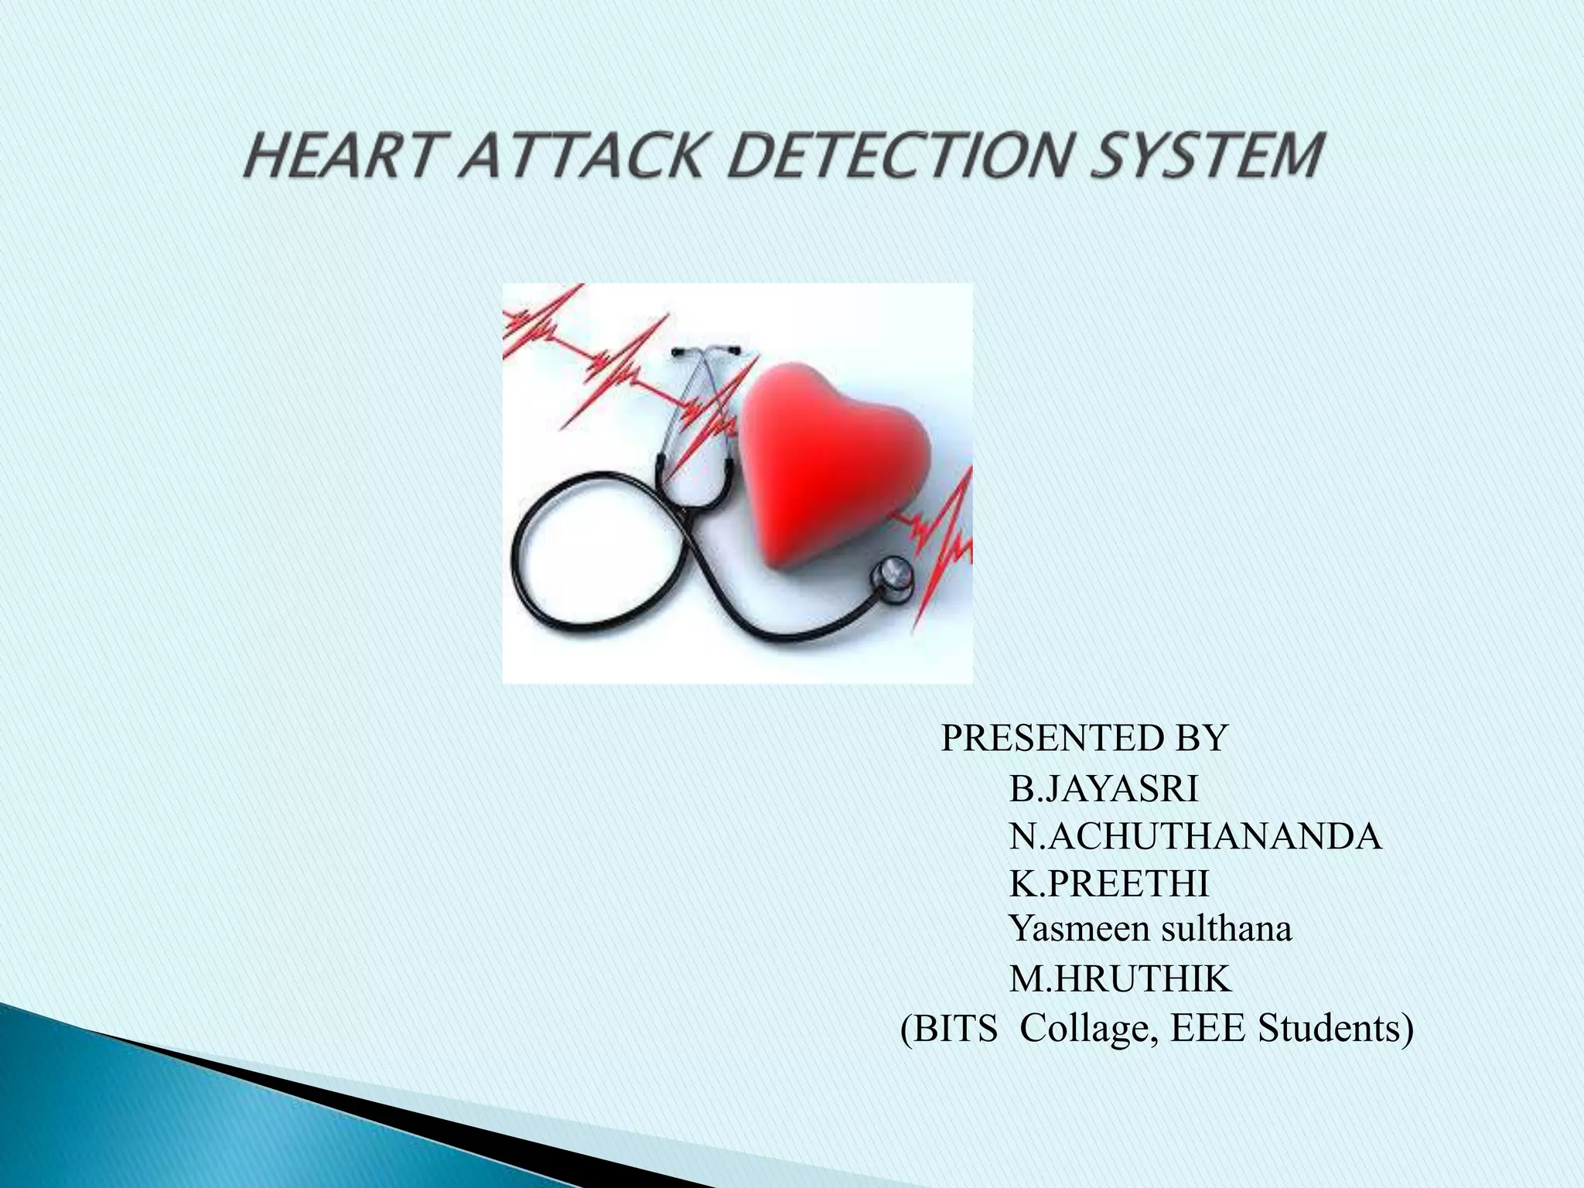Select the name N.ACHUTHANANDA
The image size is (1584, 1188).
pyautogui.click(x=1195, y=837)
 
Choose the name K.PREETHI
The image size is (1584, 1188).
pyautogui.click(x=1109, y=884)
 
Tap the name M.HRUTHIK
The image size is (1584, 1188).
pyautogui.click(x=1119, y=980)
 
